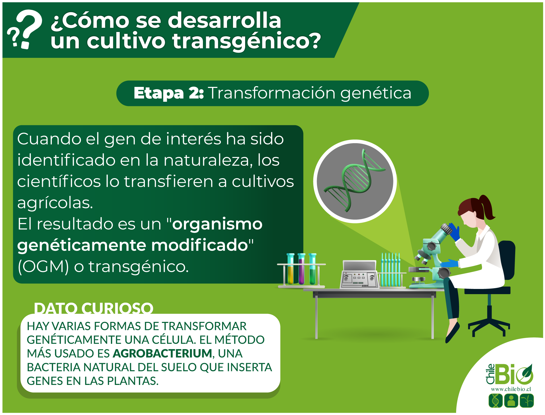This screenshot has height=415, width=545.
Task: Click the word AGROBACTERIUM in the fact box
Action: [x=162, y=353]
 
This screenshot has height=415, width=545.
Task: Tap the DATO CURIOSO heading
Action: [x=94, y=308]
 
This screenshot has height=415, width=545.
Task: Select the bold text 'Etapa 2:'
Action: [x=169, y=93]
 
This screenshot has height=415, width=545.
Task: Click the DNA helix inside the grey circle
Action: [x=355, y=181]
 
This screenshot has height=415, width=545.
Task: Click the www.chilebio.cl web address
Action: [x=511, y=389]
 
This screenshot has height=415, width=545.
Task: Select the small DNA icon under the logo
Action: [x=495, y=400]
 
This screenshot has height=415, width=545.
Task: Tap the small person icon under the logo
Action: [x=511, y=400]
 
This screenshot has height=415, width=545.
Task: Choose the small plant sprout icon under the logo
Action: [x=527, y=400]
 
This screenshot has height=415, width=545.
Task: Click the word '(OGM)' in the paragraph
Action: [x=43, y=267]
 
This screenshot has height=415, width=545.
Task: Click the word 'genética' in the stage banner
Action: [x=376, y=93]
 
